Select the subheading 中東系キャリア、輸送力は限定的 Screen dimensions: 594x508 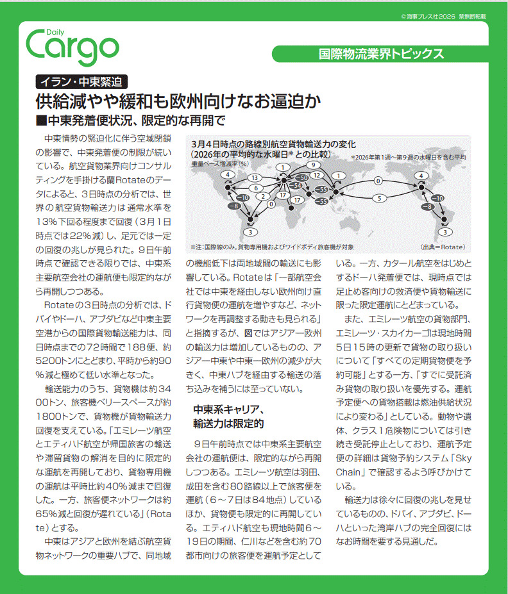[228, 417]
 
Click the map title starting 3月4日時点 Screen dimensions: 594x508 [273, 145]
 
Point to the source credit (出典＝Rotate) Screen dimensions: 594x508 [443, 247]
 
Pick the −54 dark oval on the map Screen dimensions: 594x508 [295, 186]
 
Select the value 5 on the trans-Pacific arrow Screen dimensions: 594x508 [380, 199]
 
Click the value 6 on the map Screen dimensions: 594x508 [255, 188]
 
